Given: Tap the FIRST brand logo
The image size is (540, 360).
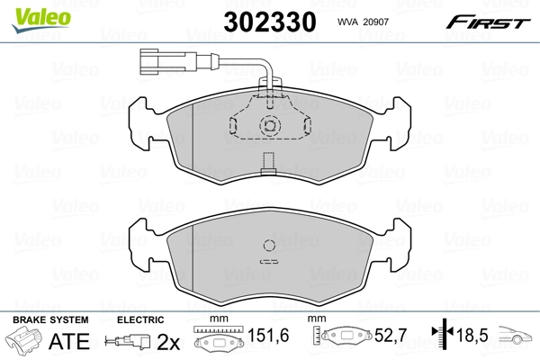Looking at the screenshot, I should (492, 21).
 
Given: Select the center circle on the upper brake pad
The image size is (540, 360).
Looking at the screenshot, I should (269, 126).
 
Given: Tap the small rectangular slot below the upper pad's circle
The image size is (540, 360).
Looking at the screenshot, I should (267, 163).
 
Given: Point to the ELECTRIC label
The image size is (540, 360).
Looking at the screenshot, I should (140, 319).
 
